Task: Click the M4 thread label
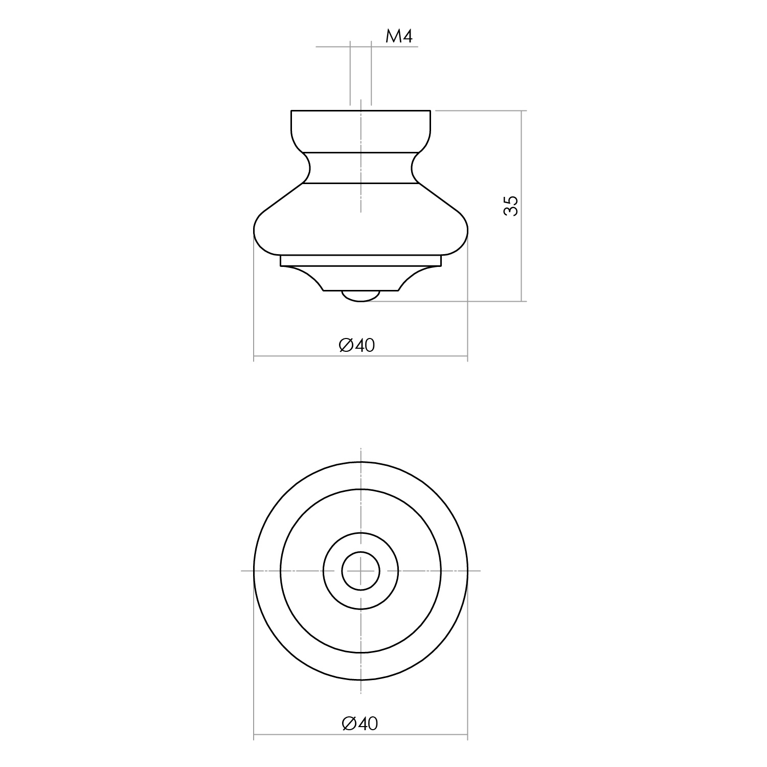(398, 36)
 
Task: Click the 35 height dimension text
(511, 206)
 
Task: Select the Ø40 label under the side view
(357, 346)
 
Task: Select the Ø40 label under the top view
(360, 724)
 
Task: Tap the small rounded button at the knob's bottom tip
(360, 296)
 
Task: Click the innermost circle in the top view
(360, 571)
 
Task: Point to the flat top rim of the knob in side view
(360, 111)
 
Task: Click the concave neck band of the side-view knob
(360, 167)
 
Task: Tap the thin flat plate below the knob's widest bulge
(360, 261)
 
